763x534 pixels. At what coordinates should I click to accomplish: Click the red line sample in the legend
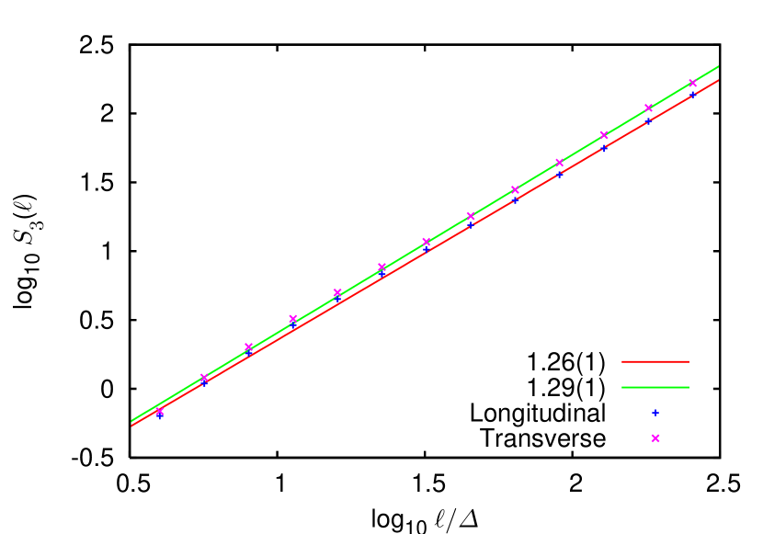click(655, 361)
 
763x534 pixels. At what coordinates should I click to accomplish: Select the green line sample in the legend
click(655, 387)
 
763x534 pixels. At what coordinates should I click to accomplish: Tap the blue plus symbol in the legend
click(655, 413)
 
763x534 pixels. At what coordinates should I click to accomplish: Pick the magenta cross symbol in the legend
click(655, 438)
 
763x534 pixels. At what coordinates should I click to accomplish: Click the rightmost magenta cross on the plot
click(692, 84)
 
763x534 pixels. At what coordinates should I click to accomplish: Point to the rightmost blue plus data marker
click(692, 94)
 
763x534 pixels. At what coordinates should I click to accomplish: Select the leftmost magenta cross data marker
click(160, 412)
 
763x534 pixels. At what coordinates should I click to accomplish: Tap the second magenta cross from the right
click(648, 108)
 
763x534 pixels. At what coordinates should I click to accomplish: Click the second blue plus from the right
click(648, 120)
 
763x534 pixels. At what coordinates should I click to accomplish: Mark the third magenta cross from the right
click(604, 135)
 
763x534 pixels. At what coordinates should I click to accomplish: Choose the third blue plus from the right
click(604, 147)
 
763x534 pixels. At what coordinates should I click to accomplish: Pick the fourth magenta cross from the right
click(560, 163)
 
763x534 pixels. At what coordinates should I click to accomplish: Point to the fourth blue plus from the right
click(560, 173)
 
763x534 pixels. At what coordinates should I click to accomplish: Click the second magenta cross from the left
click(204, 378)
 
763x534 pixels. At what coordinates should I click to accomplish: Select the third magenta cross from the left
click(248, 347)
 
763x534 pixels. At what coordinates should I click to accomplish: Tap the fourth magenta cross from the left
click(293, 319)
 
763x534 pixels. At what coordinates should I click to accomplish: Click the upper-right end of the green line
click(718, 66)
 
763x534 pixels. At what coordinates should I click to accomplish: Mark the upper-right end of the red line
click(718, 80)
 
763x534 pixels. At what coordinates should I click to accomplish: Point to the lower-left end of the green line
click(132, 421)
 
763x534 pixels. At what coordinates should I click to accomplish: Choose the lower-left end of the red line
click(132, 426)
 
